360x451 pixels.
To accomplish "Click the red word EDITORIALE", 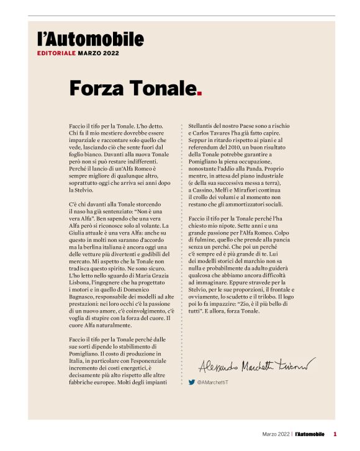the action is tap(55, 54).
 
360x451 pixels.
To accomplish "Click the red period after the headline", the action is tap(199, 93).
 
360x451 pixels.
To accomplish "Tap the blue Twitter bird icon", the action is tap(192, 382).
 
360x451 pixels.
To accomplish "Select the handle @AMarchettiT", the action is tap(215, 382).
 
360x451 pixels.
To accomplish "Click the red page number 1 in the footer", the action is tap(335, 434).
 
